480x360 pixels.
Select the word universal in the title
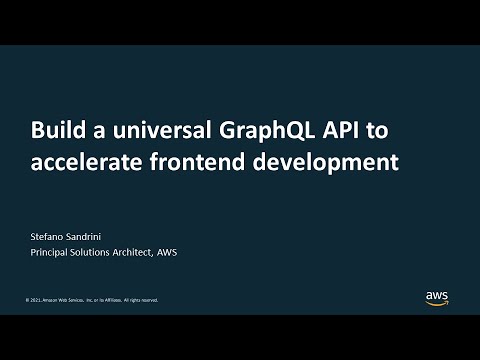tap(146, 131)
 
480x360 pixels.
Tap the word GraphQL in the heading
tap(257, 131)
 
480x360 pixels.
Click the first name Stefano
tap(49, 236)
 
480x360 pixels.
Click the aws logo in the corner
tap(437, 297)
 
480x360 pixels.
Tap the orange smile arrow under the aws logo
tap(437, 303)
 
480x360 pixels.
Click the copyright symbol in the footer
tap(27, 300)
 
